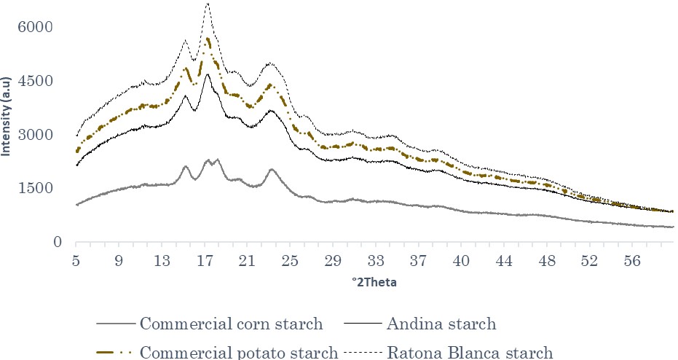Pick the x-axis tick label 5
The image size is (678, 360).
click(x=76, y=260)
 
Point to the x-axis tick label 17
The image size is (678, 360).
click(x=205, y=260)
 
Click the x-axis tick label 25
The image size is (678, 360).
click(x=290, y=260)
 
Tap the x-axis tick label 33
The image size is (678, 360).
click(x=376, y=260)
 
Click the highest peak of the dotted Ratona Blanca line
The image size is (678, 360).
click(x=208, y=3)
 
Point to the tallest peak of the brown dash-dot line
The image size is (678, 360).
click(x=208, y=39)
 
